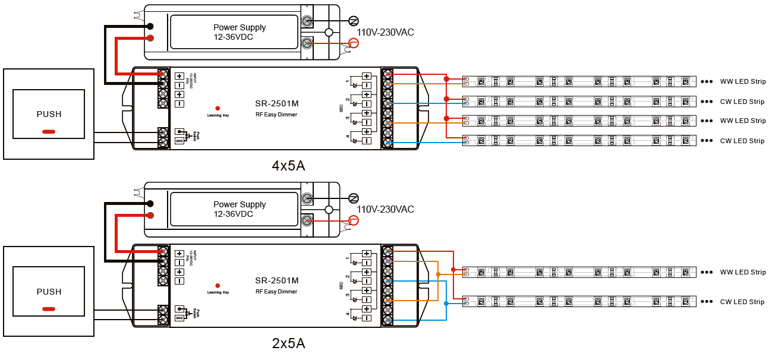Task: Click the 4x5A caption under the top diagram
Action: point(288,166)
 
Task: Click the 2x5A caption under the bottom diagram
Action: point(288,343)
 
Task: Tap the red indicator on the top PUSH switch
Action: point(49,131)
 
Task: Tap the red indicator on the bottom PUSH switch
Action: point(49,308)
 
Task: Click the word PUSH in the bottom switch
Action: point(49,292)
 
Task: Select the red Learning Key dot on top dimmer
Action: point(218,108)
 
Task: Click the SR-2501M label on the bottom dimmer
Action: point(276,280)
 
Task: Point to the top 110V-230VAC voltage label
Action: point(385,33)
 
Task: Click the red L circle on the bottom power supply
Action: point(354,220)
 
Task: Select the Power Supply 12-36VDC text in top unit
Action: point(239,32)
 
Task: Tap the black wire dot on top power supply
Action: point(150,26)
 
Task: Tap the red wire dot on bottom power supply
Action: point(150,215)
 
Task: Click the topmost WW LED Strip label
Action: point(742,81)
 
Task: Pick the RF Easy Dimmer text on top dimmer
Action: point(276,115)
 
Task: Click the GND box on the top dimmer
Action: point(179,141)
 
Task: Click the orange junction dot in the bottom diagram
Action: point(438,274)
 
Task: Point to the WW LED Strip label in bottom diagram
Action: point(742,272)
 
